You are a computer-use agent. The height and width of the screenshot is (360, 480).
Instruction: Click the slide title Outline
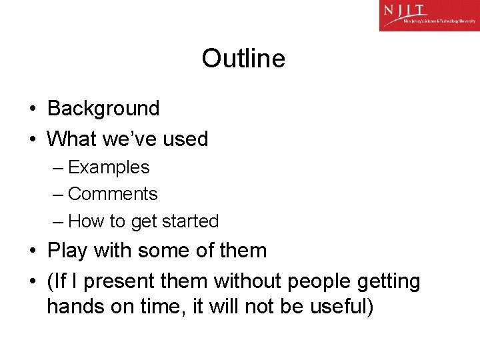[243, 59]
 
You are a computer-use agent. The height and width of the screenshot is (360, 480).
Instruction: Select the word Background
[103, 108]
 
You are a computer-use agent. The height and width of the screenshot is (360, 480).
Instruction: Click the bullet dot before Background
[32, 109]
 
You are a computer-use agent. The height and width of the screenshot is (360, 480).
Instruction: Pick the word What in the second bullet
[72, 139]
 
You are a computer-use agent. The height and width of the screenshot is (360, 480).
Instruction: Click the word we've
[131, 139]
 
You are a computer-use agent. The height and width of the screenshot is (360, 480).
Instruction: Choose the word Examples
[109, 167]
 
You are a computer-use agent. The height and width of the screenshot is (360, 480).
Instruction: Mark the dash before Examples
[57, 168]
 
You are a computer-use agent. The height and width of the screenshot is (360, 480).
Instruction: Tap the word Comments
[113, 194]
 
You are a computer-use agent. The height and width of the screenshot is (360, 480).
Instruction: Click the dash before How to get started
[57, 221]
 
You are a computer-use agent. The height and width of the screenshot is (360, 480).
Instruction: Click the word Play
[68, 251]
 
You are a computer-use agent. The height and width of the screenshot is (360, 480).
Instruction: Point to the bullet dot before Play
[32, 251]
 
